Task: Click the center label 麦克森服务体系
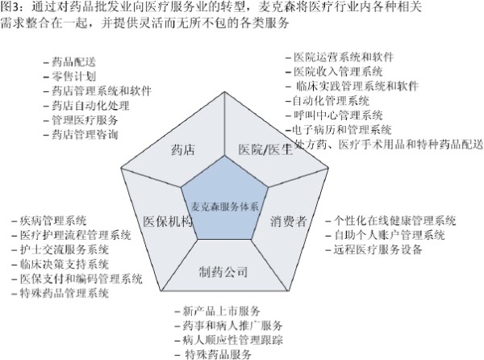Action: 225,207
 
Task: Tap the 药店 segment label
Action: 183,150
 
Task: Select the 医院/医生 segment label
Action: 265,149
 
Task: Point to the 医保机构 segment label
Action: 168,221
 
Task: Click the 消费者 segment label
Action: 288,221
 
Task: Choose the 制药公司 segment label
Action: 223,272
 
